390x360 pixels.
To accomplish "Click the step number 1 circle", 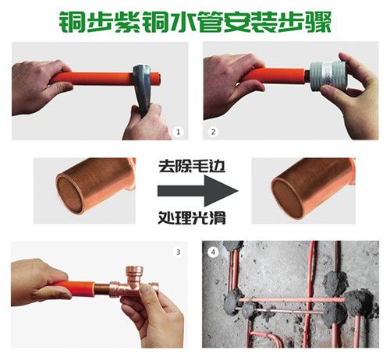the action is tap(178, 132).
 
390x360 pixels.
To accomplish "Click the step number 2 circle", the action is tap(213, 132).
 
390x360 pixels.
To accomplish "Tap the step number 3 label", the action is tap(178, 252).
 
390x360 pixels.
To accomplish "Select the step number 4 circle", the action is tap(214, 252).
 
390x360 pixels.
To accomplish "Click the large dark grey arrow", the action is tap(198, 191).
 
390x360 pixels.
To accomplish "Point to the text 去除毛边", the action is tap(192, 166).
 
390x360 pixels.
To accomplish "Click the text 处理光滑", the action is tap(192, 217).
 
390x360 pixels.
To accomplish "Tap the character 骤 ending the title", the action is tap(319, 22).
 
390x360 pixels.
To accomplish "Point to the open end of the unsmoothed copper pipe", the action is tap(69, 193).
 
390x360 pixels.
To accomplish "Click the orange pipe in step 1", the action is tap(91, 79).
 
